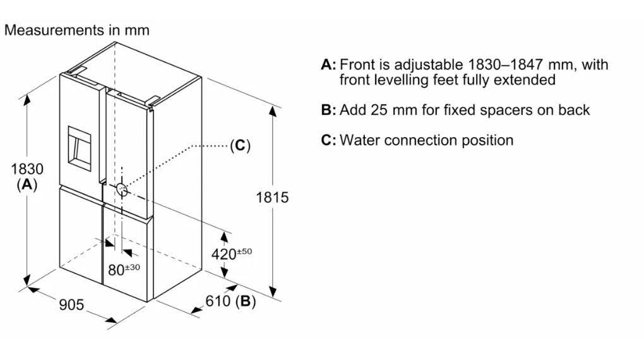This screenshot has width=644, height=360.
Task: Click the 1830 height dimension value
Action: click(27, 169)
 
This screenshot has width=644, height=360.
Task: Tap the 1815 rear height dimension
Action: click(272, 198)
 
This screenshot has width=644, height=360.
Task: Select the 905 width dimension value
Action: click(71, 304)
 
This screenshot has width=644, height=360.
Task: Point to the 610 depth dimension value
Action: click(218, 301)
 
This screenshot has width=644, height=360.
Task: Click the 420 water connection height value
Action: click(224, 255)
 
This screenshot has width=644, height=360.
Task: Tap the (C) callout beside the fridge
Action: click(240, 145)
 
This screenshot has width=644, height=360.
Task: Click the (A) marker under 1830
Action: click(27, 184)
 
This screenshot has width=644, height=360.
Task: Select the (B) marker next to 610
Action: click(246, 301)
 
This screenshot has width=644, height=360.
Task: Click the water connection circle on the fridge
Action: click(122, 189)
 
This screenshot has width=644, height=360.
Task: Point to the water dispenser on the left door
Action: click(80, 148)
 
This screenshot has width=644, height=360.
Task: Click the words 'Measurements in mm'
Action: click(77, 30)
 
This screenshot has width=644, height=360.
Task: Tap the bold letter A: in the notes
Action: click(328, 64)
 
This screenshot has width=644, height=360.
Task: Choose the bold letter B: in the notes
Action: click(328, 110)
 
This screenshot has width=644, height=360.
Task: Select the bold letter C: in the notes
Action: click(328, 141)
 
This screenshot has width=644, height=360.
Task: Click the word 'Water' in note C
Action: click(360, 141)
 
